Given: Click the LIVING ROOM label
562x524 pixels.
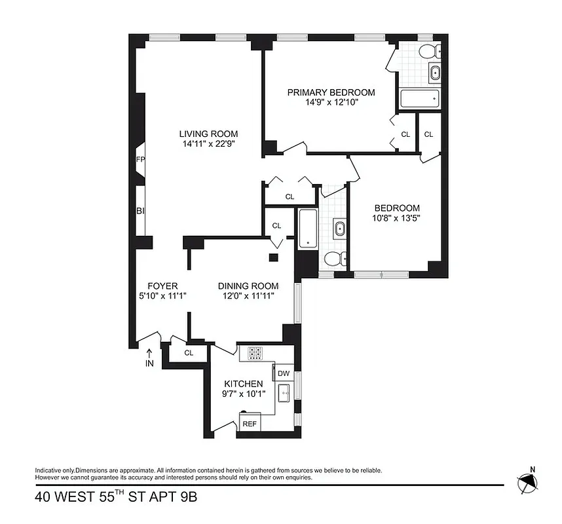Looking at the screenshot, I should pyautogui.click(x=208, y=134).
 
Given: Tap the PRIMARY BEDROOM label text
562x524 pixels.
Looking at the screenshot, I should pyautogui.click(x=331, y=92).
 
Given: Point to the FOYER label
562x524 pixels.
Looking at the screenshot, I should pyautogui.click(x=162, y=286).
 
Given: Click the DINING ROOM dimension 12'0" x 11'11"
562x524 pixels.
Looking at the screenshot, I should pyautogui.click(x=248, y=296).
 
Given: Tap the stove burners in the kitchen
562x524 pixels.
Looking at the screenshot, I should pyautogui.click(x=255, y=354).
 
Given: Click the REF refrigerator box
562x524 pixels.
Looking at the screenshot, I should pyautogui.click(x=250, y=423).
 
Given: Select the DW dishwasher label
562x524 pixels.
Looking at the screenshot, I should pyautogui.click(x=284, y=373).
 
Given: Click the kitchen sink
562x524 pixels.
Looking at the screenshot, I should pyautogui.click(x=284, y=394).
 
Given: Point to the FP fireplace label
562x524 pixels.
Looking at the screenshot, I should pyautogui.click(x=140, y=160).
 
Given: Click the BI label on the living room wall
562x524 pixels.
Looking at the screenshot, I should pyautogui.click(x=140, y=211).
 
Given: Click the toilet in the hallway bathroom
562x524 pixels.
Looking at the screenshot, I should pyautogui.click(x=334, y=259).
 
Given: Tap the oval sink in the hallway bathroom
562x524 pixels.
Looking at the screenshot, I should pyautogui.click(x=339, y=229).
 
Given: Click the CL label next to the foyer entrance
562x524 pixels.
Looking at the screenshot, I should pyautogui.click(x=189, y=352).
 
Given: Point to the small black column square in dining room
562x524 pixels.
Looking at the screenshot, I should pyautogui.click(x=273, y=257).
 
